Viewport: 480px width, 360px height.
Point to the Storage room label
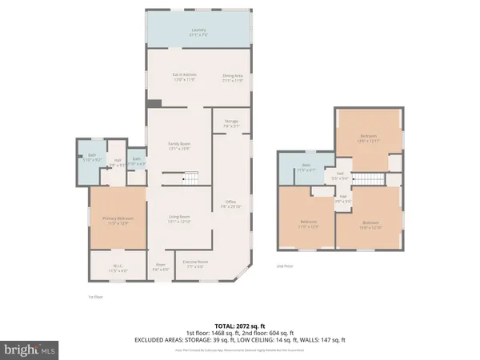(231, 123)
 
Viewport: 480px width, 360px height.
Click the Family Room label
(178, 146)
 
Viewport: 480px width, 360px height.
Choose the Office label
(231, 204)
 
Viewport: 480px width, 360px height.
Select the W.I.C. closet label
(118, 270)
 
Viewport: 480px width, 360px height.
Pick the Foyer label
(160, 267)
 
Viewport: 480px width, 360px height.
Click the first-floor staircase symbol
(191, 178)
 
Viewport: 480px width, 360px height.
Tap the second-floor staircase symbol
(367, 179)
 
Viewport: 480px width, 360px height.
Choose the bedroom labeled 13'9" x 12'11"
(368, 138)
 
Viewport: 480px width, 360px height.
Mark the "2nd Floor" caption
(286, 266)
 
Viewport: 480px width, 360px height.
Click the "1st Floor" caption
(95, 297)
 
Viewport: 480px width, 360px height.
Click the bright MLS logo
(31, 349)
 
